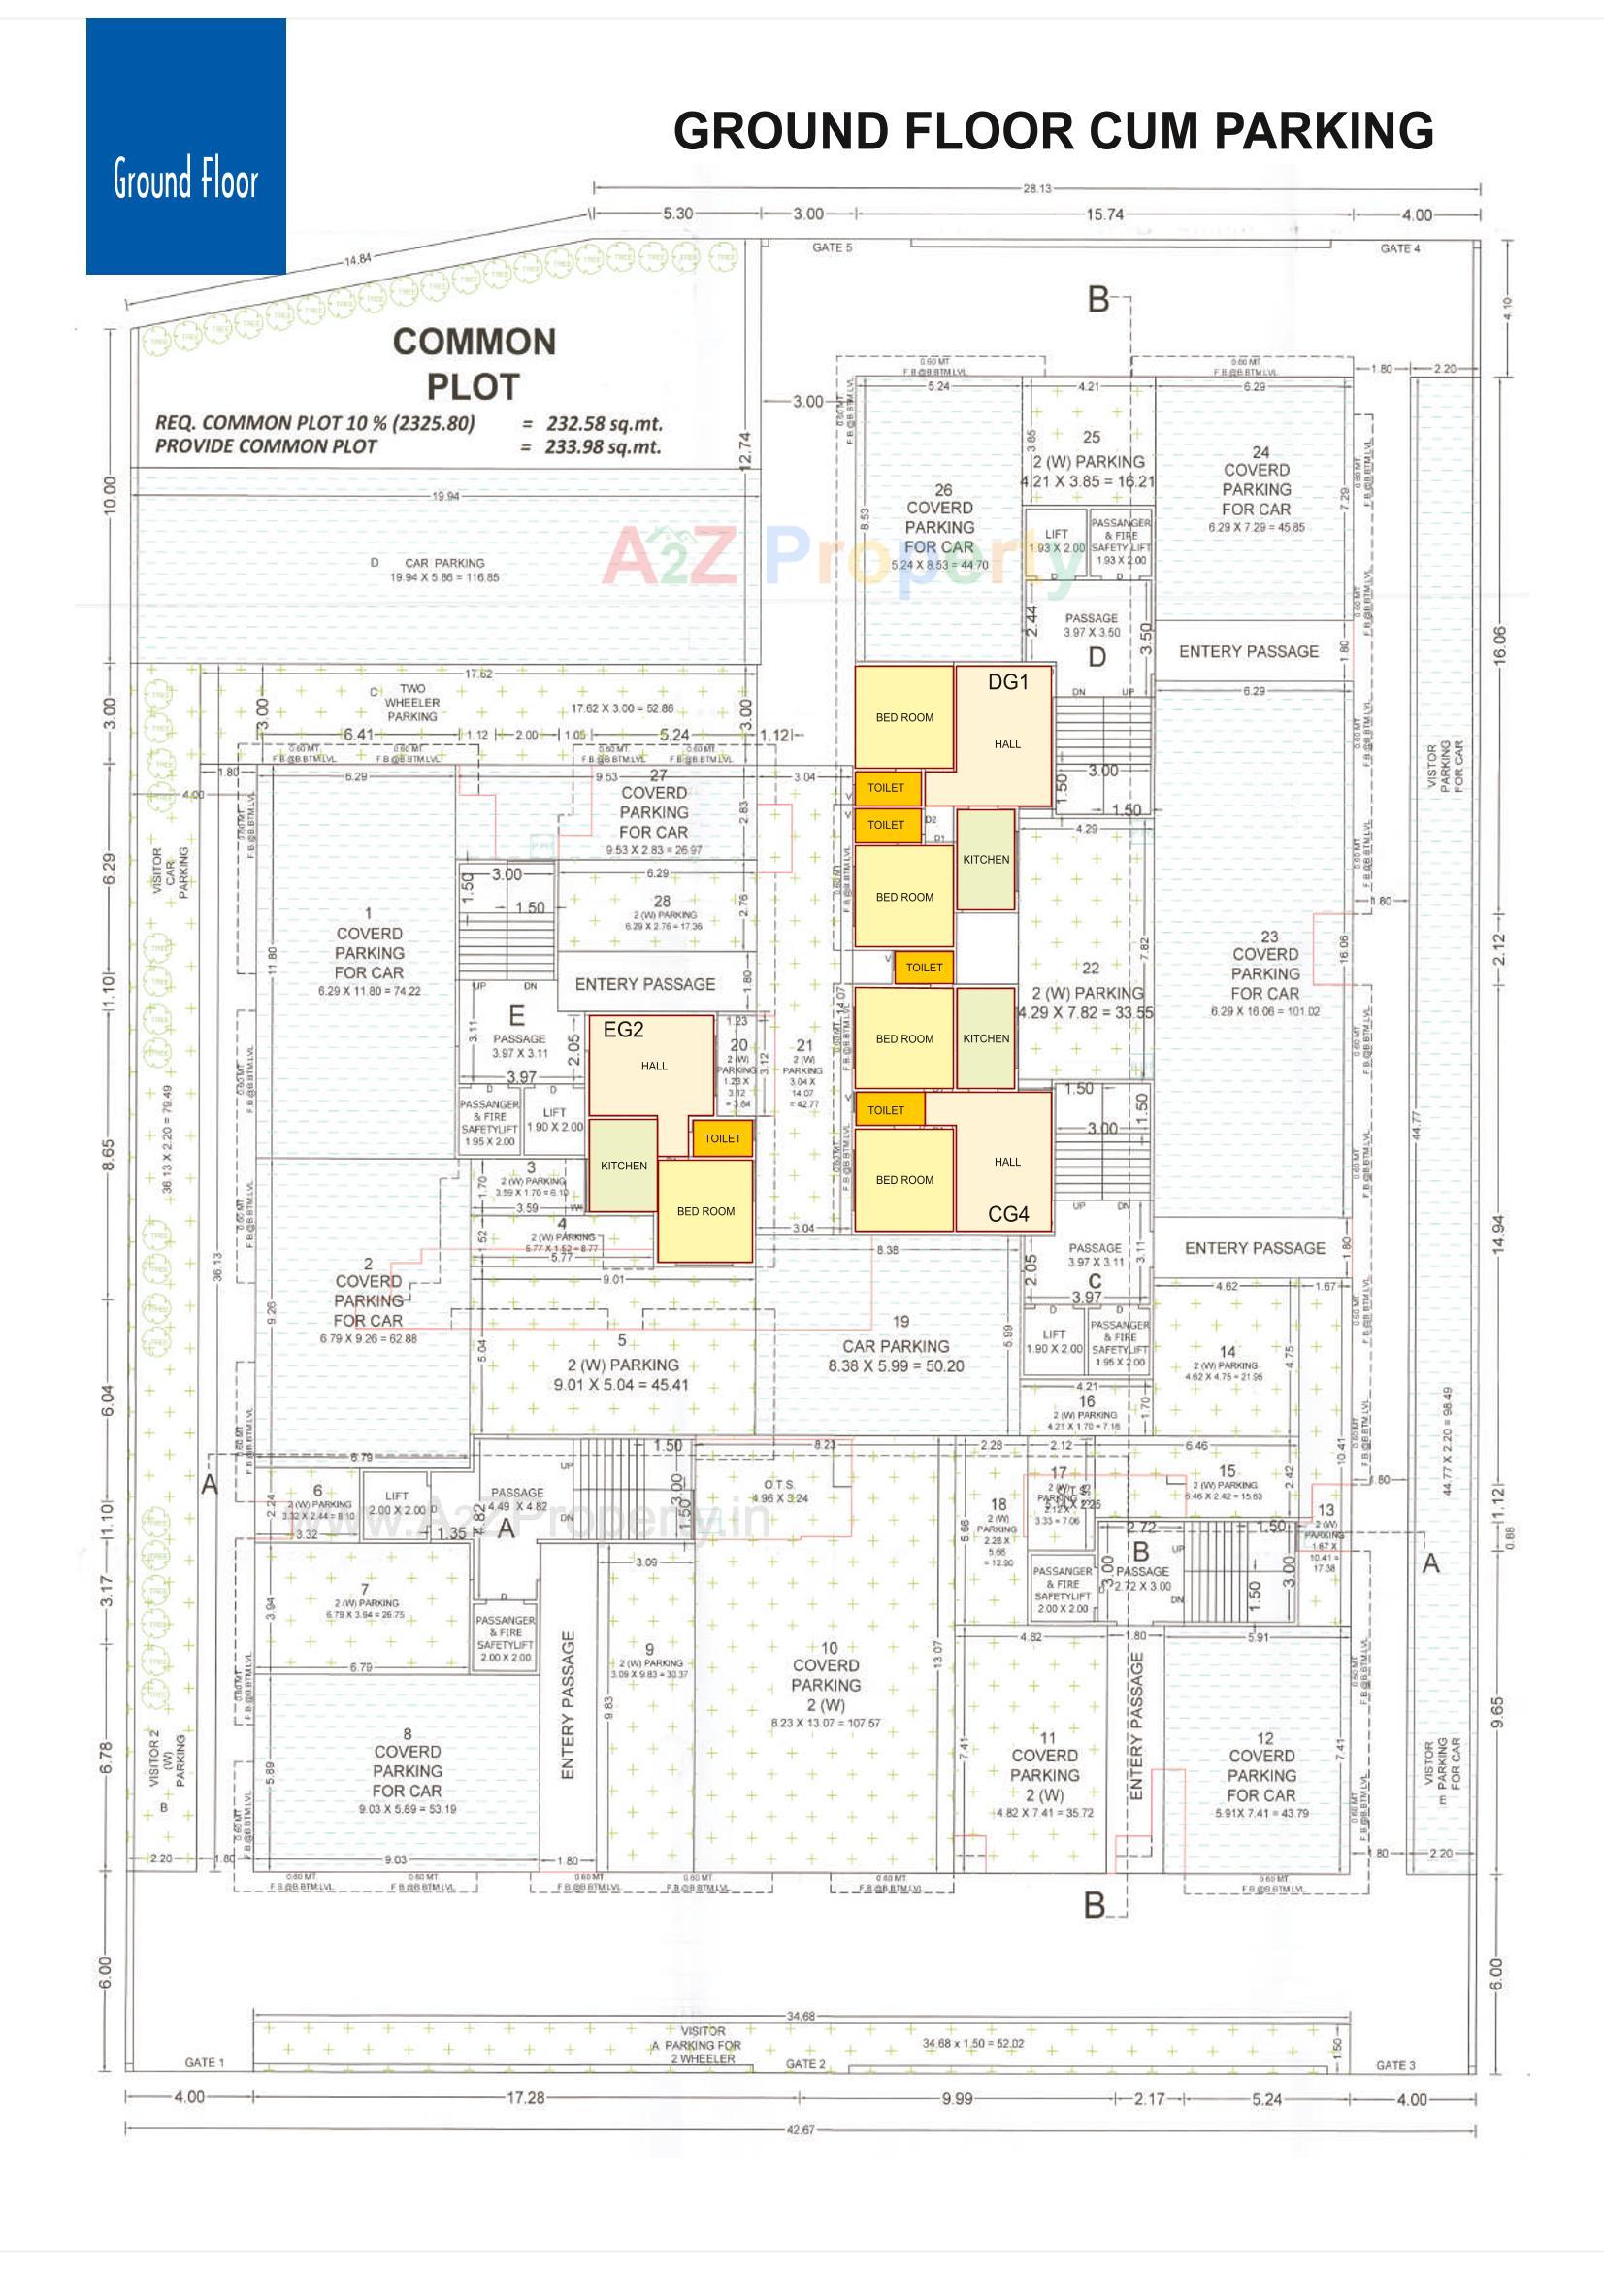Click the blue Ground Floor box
(x=185, y=147)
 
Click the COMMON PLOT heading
(x=474, y=364)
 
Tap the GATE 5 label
(x=832, y=248)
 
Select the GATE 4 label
(x=1399, y=249)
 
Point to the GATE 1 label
(x=205, y=2062)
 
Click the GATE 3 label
(x=1395, y=2065)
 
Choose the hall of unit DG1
(x=1006, y=744)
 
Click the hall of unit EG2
(x=653, y=1067)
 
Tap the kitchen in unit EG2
(x=624, y=1167)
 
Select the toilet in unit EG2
(x=723, y=1138)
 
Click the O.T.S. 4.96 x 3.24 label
(x=779, y=1493)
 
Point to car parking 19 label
(x=896, y=1346)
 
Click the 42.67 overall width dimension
(x=801, y=2129)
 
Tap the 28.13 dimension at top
(x=1036, y=188)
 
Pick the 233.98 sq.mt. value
(x=603, y=446)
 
